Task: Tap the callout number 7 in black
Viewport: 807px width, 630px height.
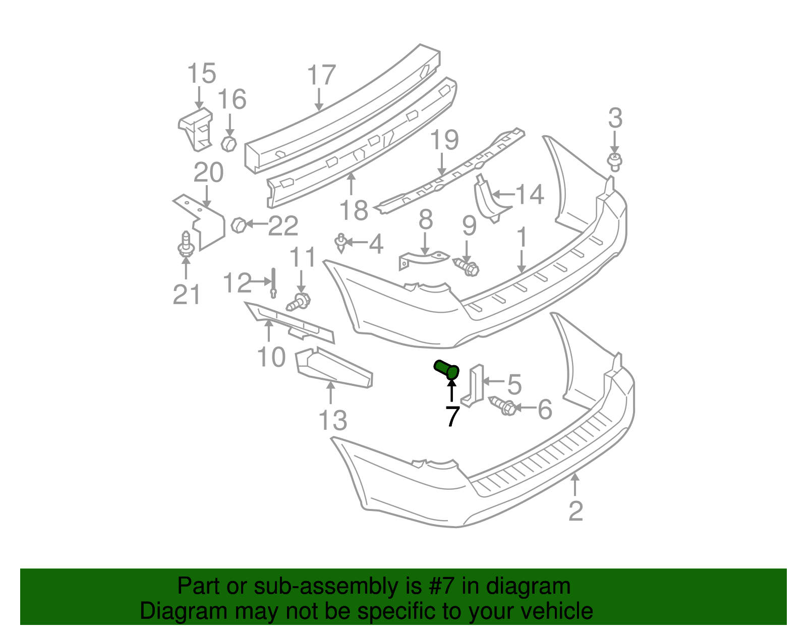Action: click(452, 416)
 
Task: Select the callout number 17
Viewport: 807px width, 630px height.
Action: click(321, 76)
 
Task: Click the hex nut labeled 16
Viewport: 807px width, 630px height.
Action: click(229, 143)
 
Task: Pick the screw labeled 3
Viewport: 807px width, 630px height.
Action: click(614, 162)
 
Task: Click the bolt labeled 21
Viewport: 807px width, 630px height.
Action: click(186, 245)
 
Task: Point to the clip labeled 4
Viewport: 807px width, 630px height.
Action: click(341, 243)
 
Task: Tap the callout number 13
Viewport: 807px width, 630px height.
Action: click(333, 420)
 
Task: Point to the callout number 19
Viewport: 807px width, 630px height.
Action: click(444, 140)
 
